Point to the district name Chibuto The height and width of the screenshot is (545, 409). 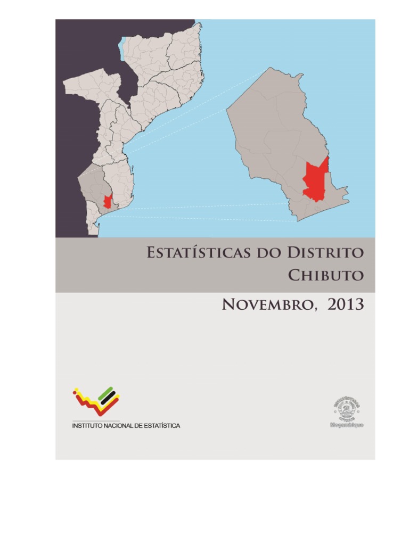[326, 275]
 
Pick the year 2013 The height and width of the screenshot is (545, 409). [346, 304]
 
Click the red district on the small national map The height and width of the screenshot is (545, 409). [108, 201]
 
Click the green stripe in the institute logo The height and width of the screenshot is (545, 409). [107, 392]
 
